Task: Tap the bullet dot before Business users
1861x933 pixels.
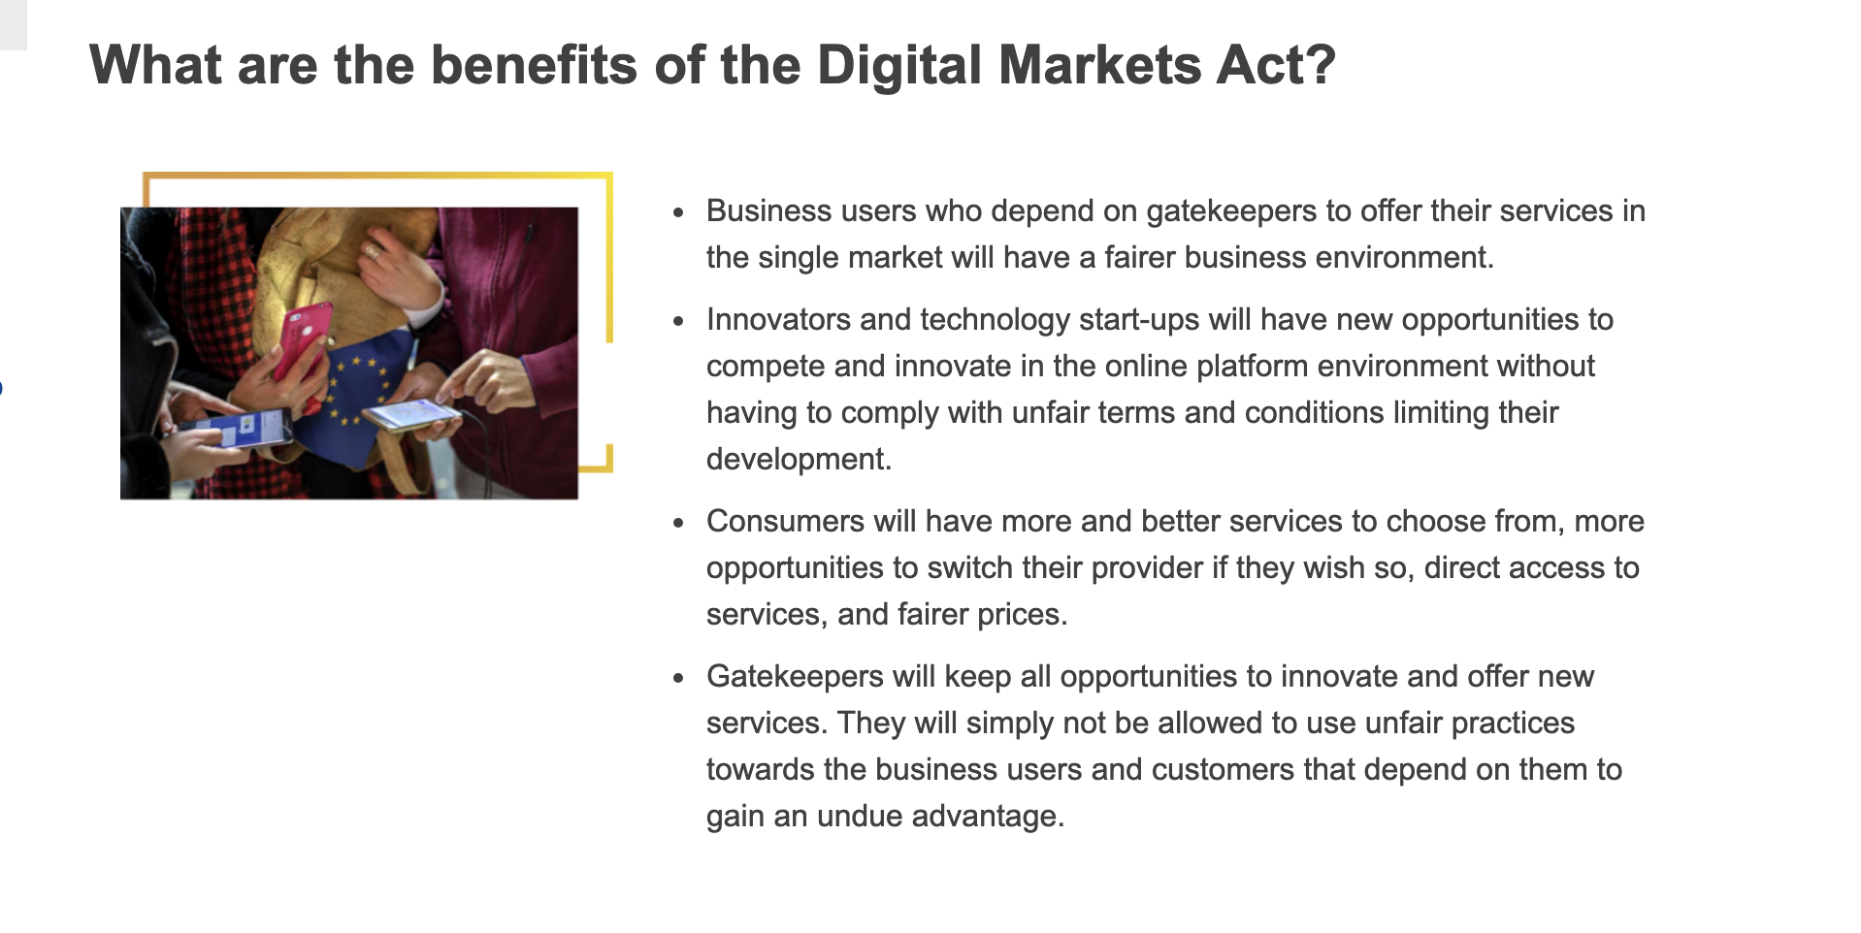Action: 679,211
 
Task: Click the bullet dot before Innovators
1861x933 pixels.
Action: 679,320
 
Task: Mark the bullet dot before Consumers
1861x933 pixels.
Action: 679,522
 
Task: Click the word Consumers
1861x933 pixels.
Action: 785,521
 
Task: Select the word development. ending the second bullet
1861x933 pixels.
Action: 799,459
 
